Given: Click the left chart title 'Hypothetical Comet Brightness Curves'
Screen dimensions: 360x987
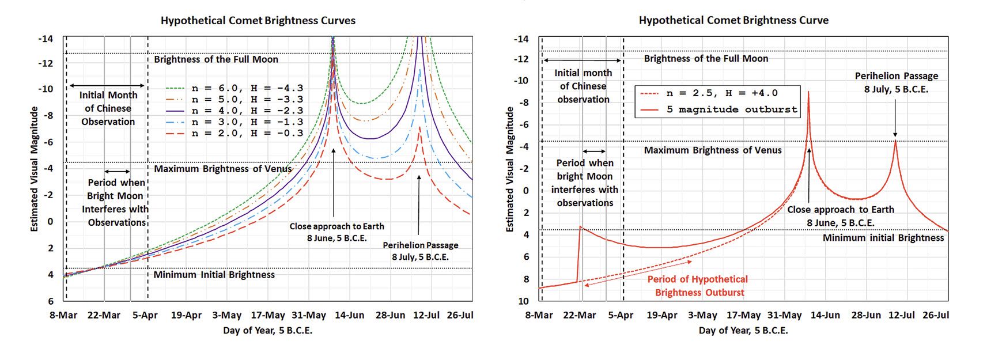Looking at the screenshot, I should click(x=258, y=21).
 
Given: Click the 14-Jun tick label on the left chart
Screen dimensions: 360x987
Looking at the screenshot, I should click(x=350, y=315).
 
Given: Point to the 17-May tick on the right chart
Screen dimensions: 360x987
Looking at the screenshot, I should click(x=743, y=315).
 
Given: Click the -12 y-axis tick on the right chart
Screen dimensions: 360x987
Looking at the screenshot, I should click(x=521, y=59).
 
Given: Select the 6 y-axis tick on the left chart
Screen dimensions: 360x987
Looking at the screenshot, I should click(x=51, y=301).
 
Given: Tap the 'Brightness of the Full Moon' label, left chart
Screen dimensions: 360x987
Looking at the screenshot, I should click(x=216, y=59).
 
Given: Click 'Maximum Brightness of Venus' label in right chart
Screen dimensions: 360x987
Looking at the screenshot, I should click(x=713, y=150).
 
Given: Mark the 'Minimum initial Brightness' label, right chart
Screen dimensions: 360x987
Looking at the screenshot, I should click(x=883, y=238).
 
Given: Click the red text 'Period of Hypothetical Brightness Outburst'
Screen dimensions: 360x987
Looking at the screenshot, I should click(x=698, y=286).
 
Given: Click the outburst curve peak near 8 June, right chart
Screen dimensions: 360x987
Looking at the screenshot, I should click(x=809, y=92).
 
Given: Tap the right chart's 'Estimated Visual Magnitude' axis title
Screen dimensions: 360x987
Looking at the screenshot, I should click(x=509, y=169).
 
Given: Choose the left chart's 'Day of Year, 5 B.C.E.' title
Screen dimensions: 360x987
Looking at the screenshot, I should click(x=267, y=331).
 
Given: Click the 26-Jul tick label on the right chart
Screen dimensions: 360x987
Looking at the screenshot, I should click(x=936, y=315).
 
